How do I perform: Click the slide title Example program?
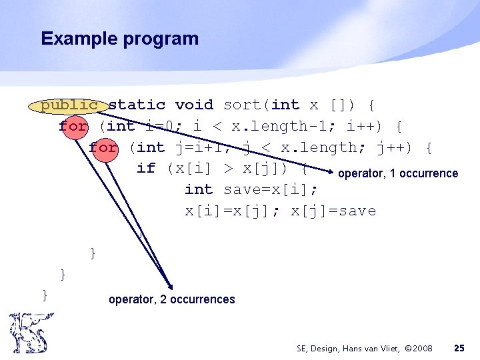pyautogui.click(x=119, y=39)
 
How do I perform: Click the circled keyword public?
pyautogui.click(x=69, y=105)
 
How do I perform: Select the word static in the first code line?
pyautogui.click(x=137, y=105)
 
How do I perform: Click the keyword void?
pyautogui.click(x=194, y=105)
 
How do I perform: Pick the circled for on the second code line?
pyautogui.click(x=73, y=126)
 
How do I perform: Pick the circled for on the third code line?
pyautogui.click(x=103, y=147)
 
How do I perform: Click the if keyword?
pyautogui.click(x=146, y=169)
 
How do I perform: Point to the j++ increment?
pyautogui.click(x=391, y=147)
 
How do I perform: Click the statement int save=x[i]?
pyautogui.click(x=251, y=190)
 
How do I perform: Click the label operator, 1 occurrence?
pyautogui.click(x=398, y=173)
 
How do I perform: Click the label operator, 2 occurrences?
pyautogui.click(x=171, y=299)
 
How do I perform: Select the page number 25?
pyautogui.click(x=459, y=348)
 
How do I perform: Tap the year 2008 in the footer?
pyautogui.click(x=420, y=348)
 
